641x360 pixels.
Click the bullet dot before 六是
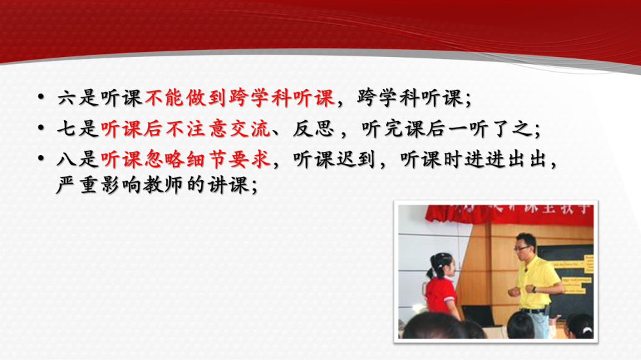[40, 97]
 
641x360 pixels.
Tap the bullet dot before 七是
[40, 128]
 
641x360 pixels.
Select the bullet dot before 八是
[40, 158]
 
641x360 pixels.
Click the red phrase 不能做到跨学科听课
[240, 98]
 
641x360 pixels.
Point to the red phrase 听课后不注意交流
[185, 129]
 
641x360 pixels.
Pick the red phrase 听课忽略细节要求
[185, 159]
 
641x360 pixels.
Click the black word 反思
[313, 129]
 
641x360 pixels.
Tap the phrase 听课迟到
[334, 159]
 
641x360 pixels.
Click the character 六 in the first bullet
[67, 98]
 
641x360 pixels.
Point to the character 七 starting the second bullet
[67, 129]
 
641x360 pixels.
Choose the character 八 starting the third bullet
[67, 159]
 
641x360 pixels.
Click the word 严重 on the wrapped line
[76, 185]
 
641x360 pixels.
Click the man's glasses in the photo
[520, 248]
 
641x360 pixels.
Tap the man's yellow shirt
[535, 282]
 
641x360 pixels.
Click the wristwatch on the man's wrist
[533, 290]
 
